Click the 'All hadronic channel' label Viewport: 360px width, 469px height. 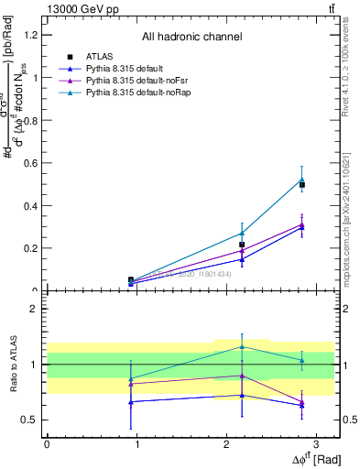point(191,38)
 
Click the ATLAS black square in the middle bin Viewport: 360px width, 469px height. point(242,245)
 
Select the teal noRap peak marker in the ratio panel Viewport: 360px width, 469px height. point(242,346)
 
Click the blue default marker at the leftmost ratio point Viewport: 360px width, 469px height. point(131,402)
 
